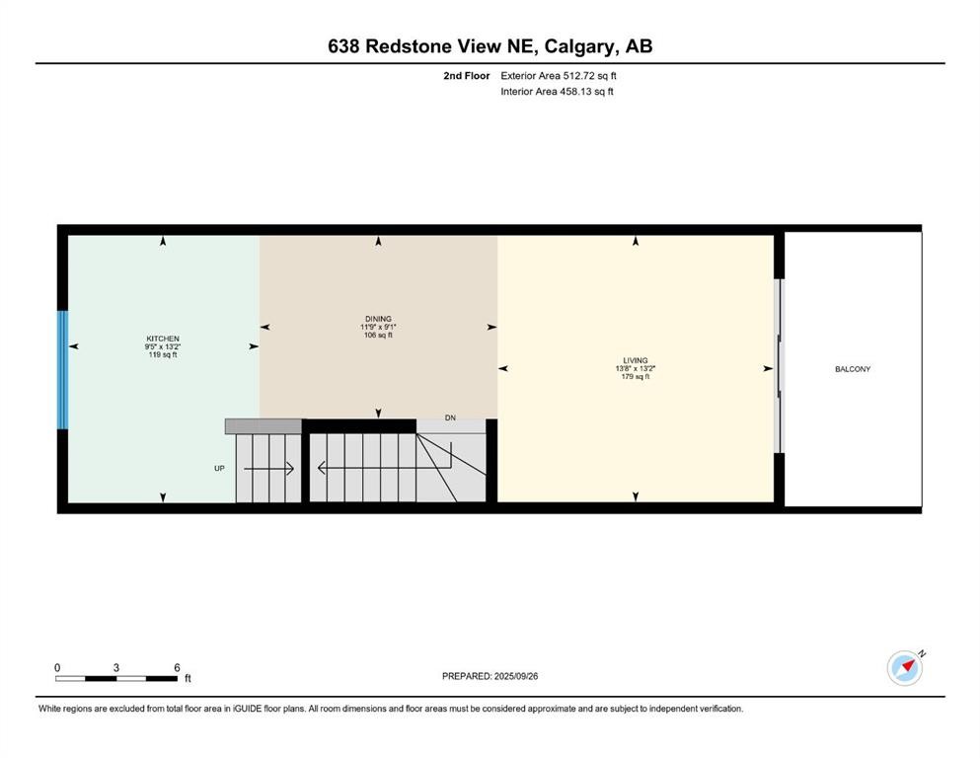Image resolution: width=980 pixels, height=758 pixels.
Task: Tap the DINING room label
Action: click(x=378, y=319)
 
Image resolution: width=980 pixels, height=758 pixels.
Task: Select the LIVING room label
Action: click(x=636, y=360)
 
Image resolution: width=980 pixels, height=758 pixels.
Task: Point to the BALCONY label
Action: click(x=853, y=369)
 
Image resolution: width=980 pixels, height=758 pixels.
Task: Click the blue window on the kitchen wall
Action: click(x=62, y=370)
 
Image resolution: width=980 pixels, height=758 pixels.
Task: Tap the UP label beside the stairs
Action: click(x=220, y=469)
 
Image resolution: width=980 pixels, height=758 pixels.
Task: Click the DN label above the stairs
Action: click(x=450, y=418)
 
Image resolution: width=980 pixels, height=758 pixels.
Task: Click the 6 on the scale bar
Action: click(x=177, y=667)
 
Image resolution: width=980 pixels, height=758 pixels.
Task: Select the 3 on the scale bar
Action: click(x=116, y=667)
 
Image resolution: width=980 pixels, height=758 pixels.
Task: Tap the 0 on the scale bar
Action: click(x=57, y=667)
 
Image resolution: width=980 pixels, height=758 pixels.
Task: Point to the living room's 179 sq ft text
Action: click(x=636, y=377)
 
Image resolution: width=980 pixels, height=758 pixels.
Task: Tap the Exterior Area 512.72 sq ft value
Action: click(x=560, y=75)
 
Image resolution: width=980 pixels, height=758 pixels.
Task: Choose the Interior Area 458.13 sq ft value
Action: click(x=559, y=92)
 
